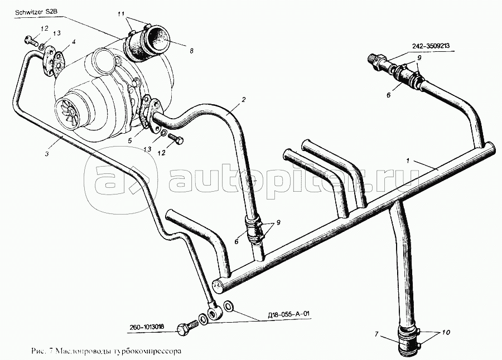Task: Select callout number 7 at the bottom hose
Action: (376, 334)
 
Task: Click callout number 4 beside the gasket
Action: (74, 42)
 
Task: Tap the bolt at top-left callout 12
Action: (30, 40)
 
